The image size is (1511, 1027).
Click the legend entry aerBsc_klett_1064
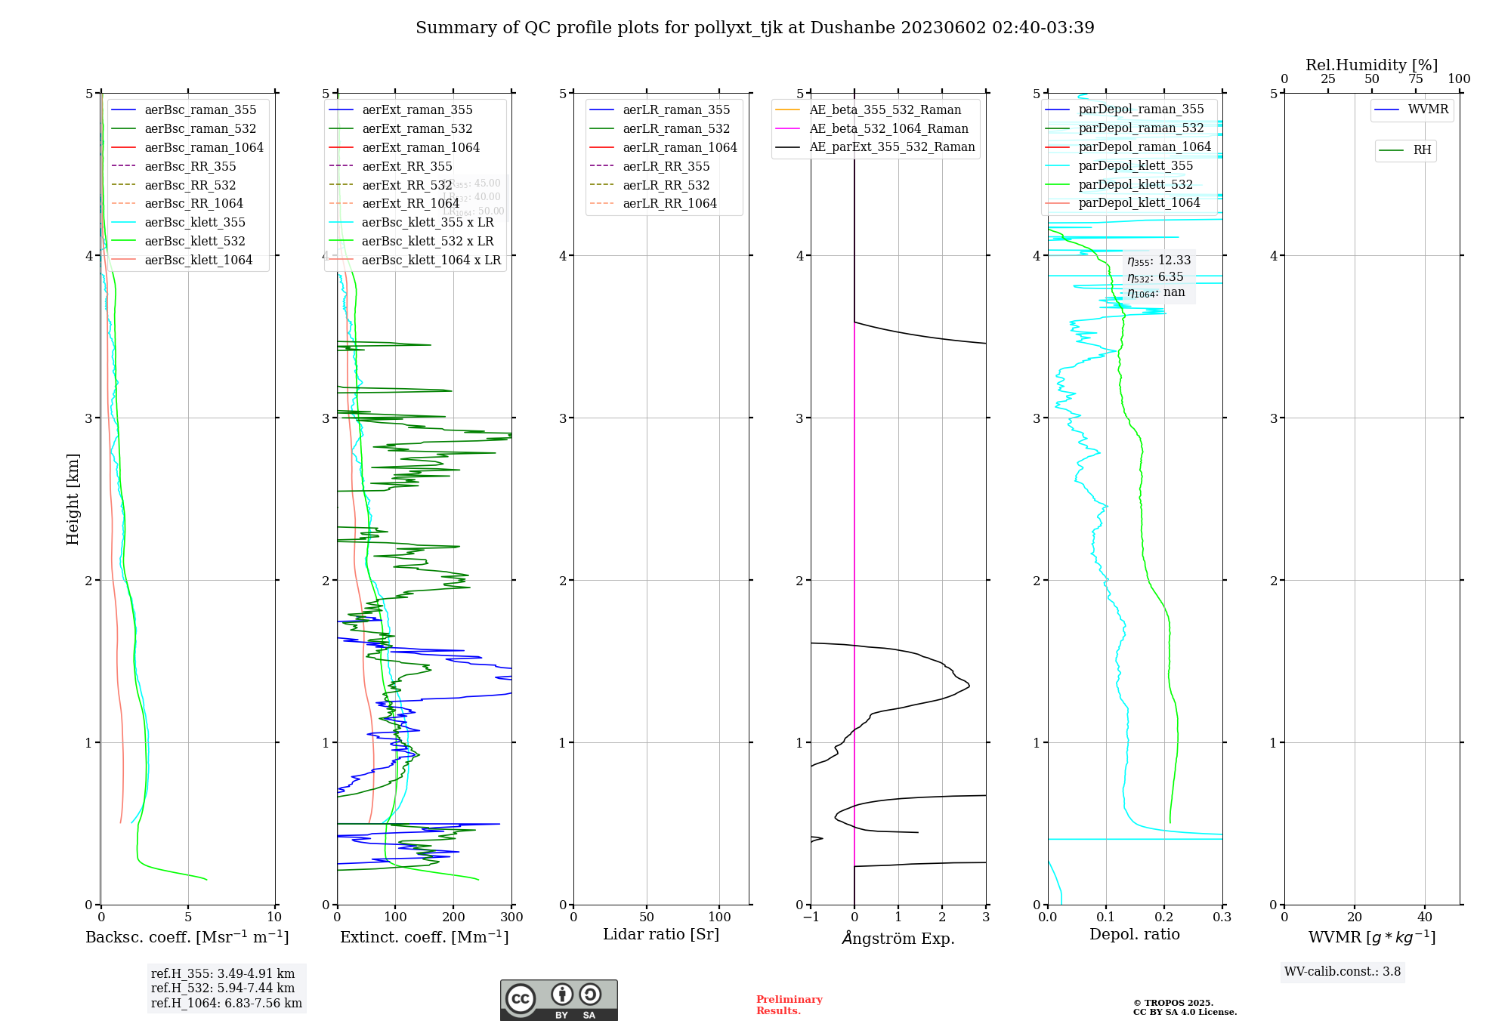[x=199, y=260]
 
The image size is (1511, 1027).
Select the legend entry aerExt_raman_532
[x=417, y=128]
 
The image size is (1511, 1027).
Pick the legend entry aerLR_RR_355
[x=666, y=166]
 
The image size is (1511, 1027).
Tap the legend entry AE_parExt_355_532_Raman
[x=891, y=146]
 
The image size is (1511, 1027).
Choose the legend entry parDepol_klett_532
[x=1135, y=184]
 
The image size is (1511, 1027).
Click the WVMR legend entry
[x=1428, y=109]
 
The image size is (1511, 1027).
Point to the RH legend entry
[x=1422, y=150]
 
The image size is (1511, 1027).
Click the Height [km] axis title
[x=73, y=498]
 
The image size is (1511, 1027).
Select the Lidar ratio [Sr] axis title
[x=661, y=934]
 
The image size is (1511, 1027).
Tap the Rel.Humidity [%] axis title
[x=1371, y=65]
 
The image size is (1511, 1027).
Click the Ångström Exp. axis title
[x=898, y=938]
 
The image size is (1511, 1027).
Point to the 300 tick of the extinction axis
[x=511, y=917]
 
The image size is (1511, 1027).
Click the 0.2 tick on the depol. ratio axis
[x=1164, y=917]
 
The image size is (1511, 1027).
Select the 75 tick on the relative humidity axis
[x=1416, y=79]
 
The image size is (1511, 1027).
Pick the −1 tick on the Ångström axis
[x=811, y=917]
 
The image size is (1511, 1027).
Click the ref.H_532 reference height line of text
[x=223, y=988]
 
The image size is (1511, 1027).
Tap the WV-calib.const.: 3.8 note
[x=1343, y=972]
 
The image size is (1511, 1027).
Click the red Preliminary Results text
[x=789, y=1004]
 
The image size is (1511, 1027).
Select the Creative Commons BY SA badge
[x=558, y=1000]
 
